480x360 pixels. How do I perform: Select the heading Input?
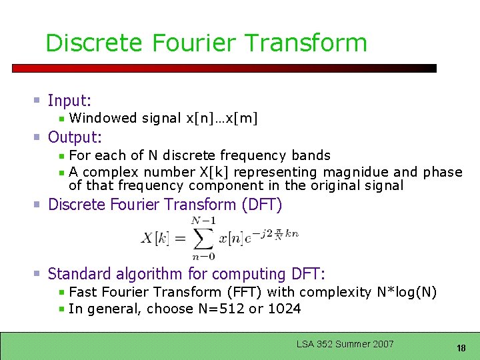point(69,101)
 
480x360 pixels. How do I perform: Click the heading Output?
point(75,138)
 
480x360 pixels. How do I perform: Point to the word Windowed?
point(103,119)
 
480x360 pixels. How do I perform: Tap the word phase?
point(443,172)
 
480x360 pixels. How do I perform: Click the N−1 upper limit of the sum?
point(203,221)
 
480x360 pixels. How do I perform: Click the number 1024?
point(284,309)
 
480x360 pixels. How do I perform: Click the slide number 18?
point(461,348)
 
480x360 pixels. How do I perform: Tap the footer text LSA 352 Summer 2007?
point(345,344)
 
